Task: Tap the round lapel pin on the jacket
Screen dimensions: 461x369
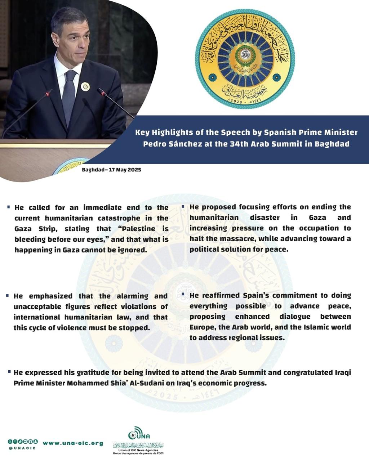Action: (x=85, y=86)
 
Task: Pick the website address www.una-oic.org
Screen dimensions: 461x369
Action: (x=73, y=443)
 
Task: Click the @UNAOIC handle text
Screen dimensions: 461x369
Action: (x=22, y=448)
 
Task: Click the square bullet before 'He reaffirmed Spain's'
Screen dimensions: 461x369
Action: (x=184, y=295)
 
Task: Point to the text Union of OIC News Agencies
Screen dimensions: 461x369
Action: (x=138, y=450)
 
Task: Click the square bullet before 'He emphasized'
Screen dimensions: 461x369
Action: (x=8, y=296)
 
